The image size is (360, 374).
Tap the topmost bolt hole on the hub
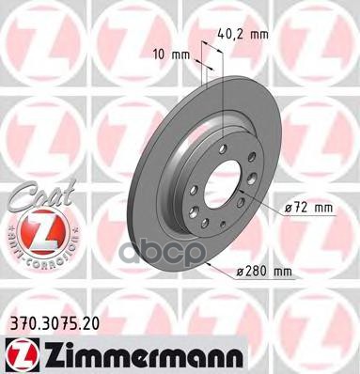(222, 139)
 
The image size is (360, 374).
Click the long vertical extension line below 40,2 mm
(220, 103)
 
